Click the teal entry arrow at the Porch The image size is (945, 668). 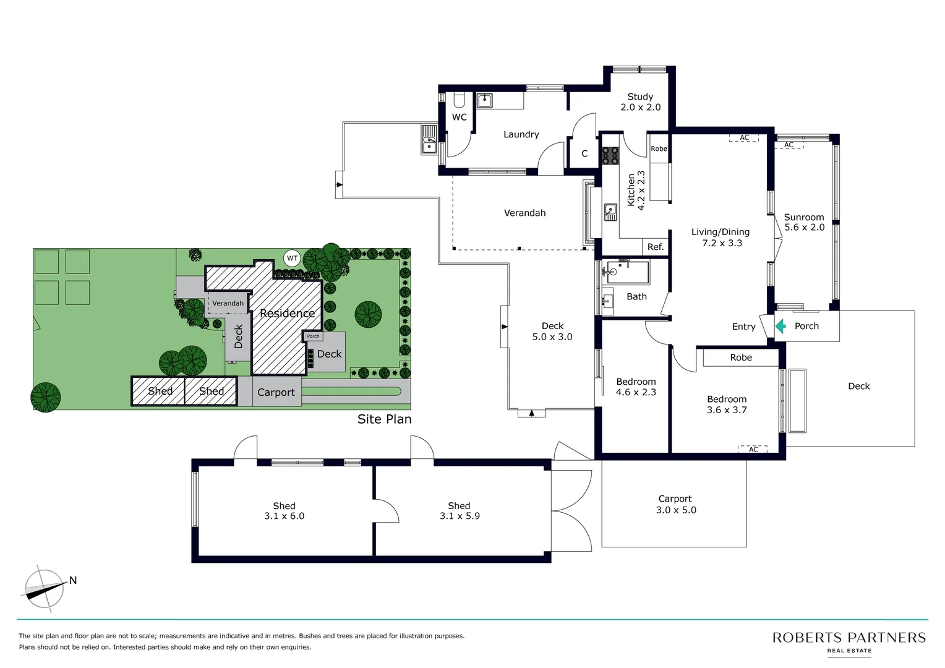point(780,326)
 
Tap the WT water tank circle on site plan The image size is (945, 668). point(292,259)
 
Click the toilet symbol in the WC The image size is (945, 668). point(459,100)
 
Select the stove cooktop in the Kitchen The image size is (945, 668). point(610,155)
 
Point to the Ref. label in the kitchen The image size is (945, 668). point(655,247)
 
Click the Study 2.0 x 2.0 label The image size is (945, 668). point(640,102)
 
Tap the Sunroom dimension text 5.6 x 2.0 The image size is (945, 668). point(804,228)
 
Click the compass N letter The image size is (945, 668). point(73,580)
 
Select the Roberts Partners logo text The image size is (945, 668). point(849,638)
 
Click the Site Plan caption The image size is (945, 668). point(384,419)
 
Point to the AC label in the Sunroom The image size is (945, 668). point(789,145)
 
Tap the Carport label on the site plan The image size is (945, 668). point(276,392)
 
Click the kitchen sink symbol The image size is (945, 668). point(610,212)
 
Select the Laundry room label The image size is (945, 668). point(521,134)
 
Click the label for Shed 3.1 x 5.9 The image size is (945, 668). point(459,511)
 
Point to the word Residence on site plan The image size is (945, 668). point(287,313)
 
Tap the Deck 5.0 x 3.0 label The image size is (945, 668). point(552,332)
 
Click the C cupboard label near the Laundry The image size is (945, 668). point(584,153)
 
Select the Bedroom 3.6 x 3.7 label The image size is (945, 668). point(727,405)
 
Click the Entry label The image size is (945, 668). point(743,327)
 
